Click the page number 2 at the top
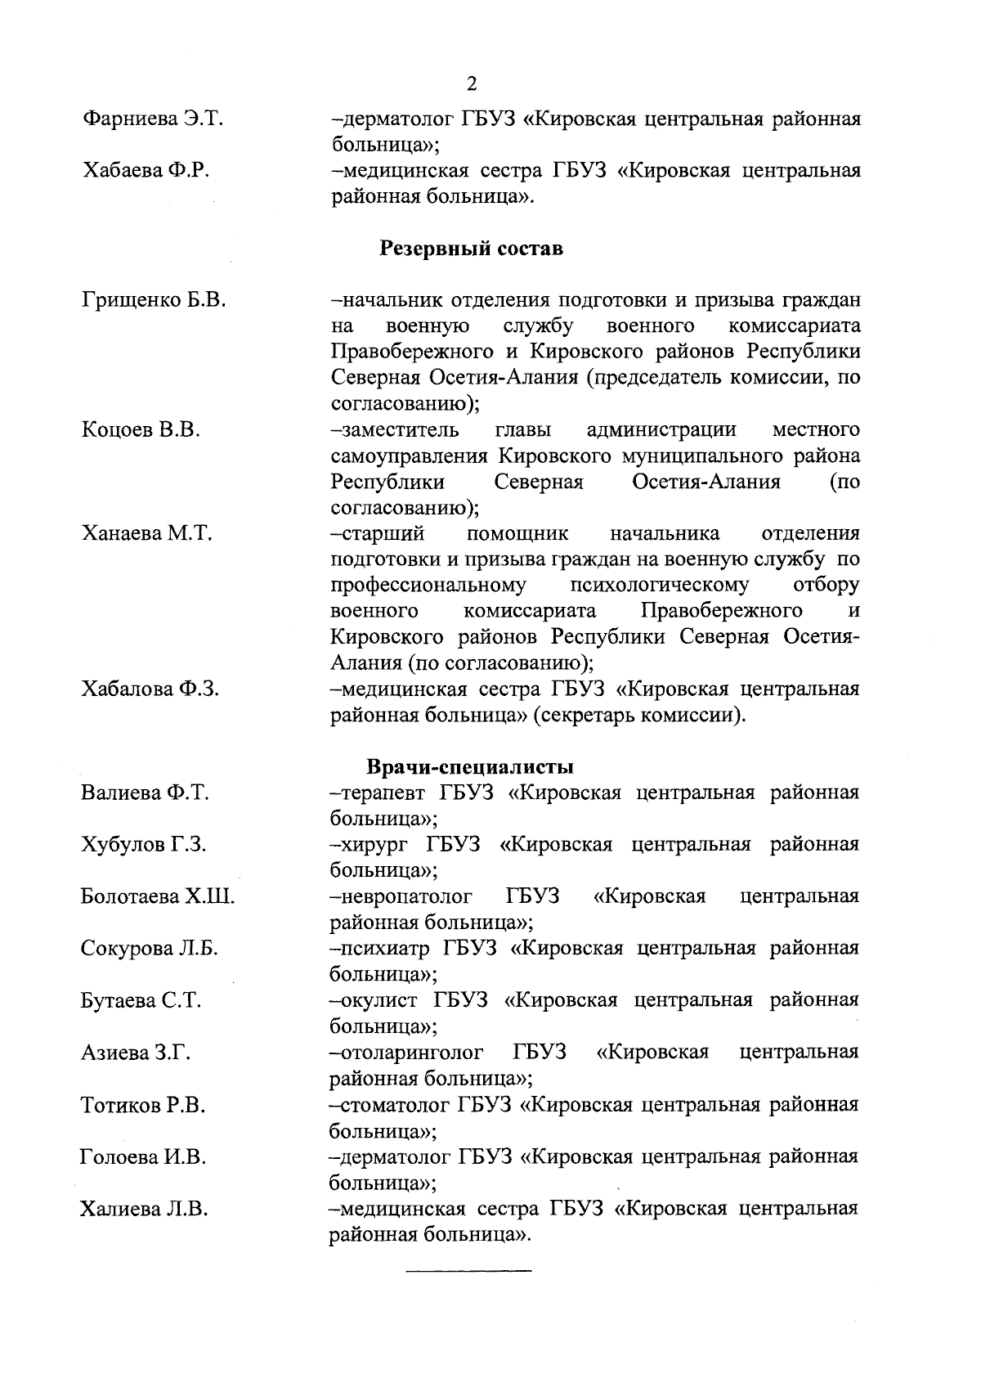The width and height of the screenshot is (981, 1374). tap(471, 84)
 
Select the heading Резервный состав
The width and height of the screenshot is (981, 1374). tap(471, 249)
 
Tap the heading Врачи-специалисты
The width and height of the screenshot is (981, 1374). tap(470, 767)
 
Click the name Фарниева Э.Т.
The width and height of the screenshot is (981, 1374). tap(153, 119)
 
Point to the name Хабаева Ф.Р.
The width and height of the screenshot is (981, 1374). tap(148, 171)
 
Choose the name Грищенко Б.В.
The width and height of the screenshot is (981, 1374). tap(154, 300)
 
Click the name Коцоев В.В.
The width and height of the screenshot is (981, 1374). tap(141, 430)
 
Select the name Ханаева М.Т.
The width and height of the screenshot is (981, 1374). tap(147, 534)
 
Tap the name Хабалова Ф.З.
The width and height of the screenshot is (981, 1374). tap(150, 689)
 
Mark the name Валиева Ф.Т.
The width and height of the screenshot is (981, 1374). tap(146, 793)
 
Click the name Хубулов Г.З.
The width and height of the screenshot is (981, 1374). tap(144, 845)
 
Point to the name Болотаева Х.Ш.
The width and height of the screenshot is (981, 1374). tap(158, 897)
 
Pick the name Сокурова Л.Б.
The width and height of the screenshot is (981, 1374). tap(150, 949)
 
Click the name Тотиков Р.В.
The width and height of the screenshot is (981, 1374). tap(143, 1106)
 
